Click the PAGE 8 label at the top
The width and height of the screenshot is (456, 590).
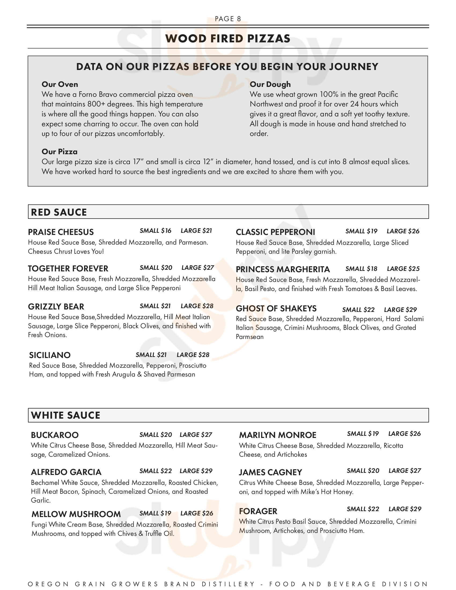click(x=228, y=19)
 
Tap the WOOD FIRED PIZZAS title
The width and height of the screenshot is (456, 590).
click(x=228, y=39)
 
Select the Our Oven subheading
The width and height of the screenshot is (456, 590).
click(x=60, y=84)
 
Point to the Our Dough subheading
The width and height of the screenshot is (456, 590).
click(x=270, y=84)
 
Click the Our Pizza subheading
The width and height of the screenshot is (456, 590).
click(x=60, y=152)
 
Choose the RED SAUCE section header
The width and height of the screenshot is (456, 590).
click(x=59, y=212)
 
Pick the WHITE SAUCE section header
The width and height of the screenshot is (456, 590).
click(x=65, y=415)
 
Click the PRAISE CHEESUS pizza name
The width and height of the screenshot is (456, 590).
click(x=61, y=232)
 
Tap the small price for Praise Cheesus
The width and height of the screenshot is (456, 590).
click(x=155, y=231)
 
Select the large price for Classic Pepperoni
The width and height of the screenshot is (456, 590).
click(x=403, y=231)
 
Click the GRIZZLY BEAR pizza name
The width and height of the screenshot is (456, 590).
click(x=56, y=307)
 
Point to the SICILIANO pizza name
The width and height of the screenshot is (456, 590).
click(x=50, y=355)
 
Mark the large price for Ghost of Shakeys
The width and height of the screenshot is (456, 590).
click(x=400, y=309)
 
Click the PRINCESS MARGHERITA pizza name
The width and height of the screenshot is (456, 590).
click(x=283, y=269)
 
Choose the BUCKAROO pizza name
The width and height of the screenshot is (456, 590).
click(x=54, y=435)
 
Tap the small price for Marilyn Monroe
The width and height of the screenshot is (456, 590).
click(x=363, y=434)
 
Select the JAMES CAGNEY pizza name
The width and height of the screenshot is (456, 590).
click(x=270, y=472)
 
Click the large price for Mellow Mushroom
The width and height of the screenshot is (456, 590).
click(x=197, y=513)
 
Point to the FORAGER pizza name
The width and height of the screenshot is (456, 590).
click(x=258, y=511)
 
